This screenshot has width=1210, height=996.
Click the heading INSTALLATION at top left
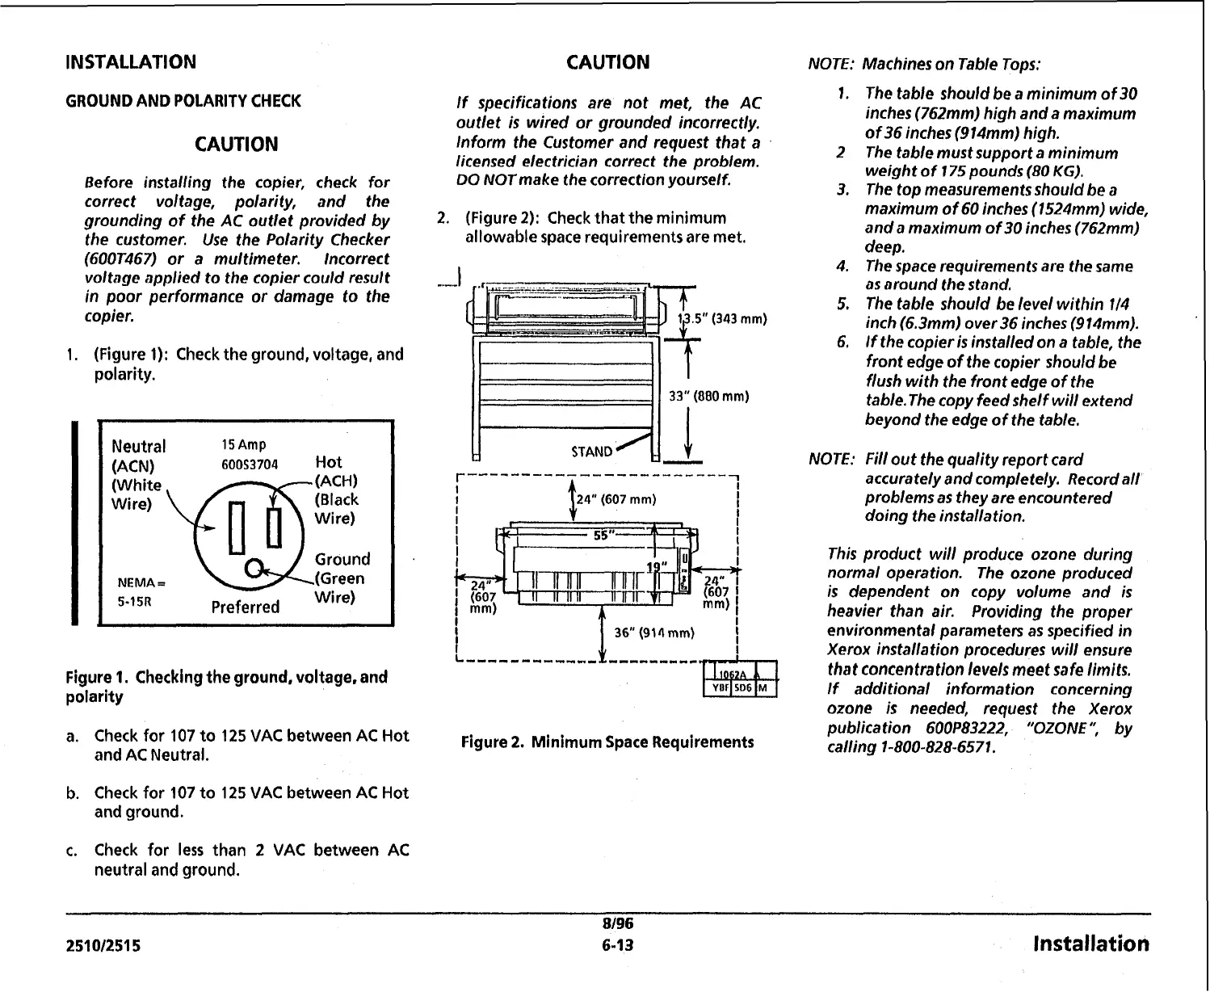tap(130, 62)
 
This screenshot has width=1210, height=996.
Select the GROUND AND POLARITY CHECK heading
tap(183, 101)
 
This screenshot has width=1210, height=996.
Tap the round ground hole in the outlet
tap(254, 567)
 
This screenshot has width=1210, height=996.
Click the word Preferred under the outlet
tap(245, 607)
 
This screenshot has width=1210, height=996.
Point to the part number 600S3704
tap(249, 464)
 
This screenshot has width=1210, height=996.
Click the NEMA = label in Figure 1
tap(140, 582)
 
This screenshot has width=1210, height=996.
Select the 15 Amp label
tap(243, 445)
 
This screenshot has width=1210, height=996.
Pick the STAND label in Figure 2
tap(592, 452)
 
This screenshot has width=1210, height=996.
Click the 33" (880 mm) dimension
tap(709, 397)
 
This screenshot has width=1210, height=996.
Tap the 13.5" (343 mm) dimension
tap(721, 318)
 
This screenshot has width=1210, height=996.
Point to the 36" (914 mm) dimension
tap(654, 632)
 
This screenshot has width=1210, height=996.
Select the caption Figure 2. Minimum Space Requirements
tap(607, 742)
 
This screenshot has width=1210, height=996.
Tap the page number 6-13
tap(617, 944)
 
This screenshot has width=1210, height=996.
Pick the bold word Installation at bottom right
tap(1090, 943)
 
